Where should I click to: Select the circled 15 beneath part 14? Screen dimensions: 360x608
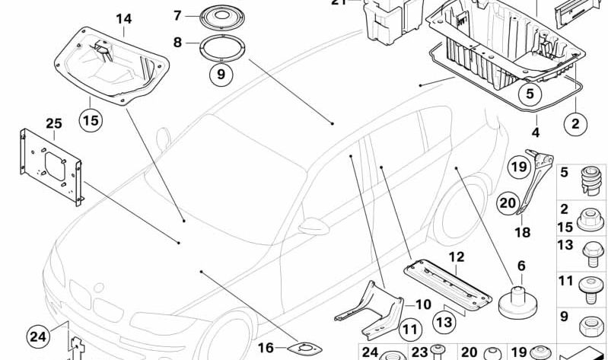pyautogui.click(x=91, y=120)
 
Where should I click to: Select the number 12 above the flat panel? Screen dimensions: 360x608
pyautogui.click(x=455, y=257)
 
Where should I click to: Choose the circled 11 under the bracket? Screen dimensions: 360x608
pyautogui.click(x=409, y=330)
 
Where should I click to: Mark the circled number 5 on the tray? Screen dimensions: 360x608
pyautogui.click(x=530, y=96)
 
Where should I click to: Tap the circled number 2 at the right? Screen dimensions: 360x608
pyautogui.click(x=575, y=123)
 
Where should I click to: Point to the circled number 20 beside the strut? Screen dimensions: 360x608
pyautogui.click(x=507, y=202)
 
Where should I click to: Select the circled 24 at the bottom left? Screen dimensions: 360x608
pyautogui.click(x=38, y=335)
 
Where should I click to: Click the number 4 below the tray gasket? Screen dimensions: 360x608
pyautogui.click(x=536, y=132)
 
